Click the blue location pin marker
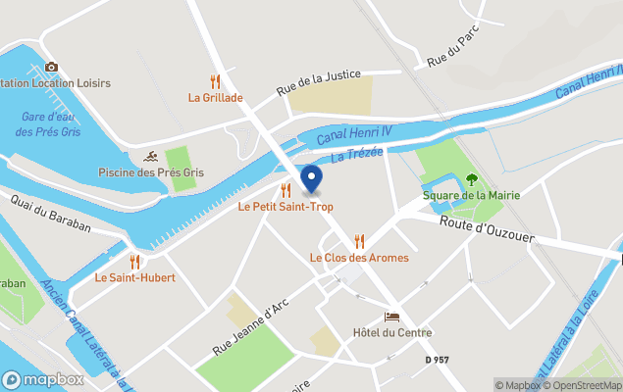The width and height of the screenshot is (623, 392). (x=311, y=179)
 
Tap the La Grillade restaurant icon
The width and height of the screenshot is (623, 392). (x=216, y=81)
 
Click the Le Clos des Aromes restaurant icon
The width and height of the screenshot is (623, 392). (x=359, y=241)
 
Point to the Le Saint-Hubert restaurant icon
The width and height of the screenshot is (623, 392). (x=134, y=262)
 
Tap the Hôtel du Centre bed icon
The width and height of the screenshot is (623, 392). (x=391, y=318)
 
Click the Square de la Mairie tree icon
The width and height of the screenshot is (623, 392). (x=472, y=179)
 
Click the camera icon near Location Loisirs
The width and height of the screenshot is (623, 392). (x=51, y=67)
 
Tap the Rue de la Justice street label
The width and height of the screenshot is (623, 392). (x=319, y=81)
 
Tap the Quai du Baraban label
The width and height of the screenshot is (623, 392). (x=51, y=213)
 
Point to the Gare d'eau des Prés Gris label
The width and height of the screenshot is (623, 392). (x=54, y=123)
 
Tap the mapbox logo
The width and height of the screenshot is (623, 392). (x=43, y=379)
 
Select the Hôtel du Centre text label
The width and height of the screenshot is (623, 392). (x=392, y=333)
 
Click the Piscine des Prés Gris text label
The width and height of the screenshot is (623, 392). (x=151, y=173)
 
